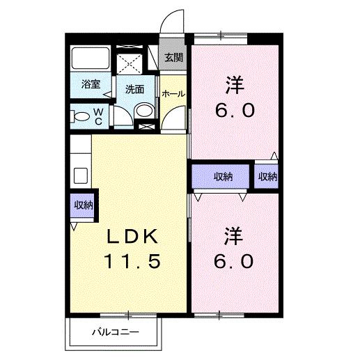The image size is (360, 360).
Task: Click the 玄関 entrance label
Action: click(174, 57)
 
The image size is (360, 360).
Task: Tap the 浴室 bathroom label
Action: click(91, 84)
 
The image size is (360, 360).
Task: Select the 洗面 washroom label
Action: click(135, 89)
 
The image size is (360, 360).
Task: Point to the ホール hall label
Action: click(173, 93)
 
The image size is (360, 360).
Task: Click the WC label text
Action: click(98, 116)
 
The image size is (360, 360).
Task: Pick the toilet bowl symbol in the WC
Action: click(81, 116)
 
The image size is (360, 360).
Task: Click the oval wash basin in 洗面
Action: click(143, 110)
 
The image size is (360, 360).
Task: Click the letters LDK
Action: click(133, 236)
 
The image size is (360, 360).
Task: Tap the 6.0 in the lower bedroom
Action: click(235, 261)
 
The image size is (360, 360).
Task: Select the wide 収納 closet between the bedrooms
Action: click(223, 176)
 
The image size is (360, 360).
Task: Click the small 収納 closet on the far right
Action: click(267, 176)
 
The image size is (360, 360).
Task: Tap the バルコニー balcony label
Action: click(116, 331)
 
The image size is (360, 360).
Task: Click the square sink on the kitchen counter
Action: click(79, 174)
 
